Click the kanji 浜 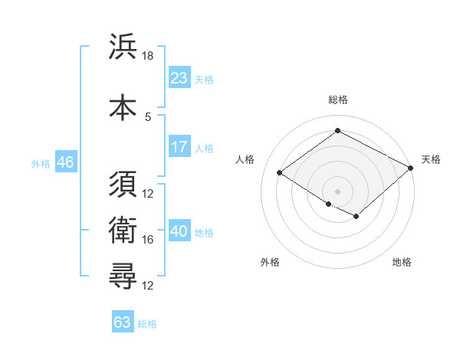123,47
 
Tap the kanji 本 123,106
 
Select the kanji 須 123,185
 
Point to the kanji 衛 123,231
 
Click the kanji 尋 123,277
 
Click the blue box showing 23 179,77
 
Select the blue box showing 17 179,147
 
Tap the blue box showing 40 179,231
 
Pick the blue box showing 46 65,163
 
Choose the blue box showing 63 123,322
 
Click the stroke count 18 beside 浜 148,56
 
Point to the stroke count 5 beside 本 148,116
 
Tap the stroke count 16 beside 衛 148,240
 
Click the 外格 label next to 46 40,164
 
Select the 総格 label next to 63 147,324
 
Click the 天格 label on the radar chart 431,159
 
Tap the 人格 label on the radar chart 245,159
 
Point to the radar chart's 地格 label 402,262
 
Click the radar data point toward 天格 411,168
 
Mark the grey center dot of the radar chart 337,190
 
